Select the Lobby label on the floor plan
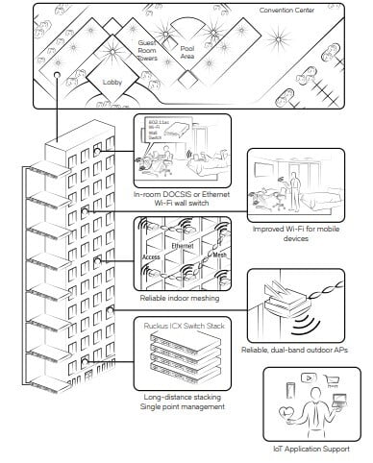tap(114, 83)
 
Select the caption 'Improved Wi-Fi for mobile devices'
tap(304, 231)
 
